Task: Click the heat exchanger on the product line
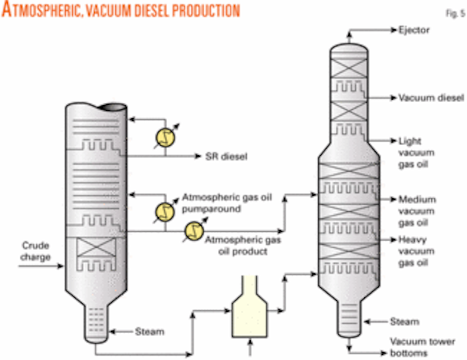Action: pyautogui.click(x=194, y=232)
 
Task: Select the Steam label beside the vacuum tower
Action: pyautogui.click(x=404, y=321)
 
